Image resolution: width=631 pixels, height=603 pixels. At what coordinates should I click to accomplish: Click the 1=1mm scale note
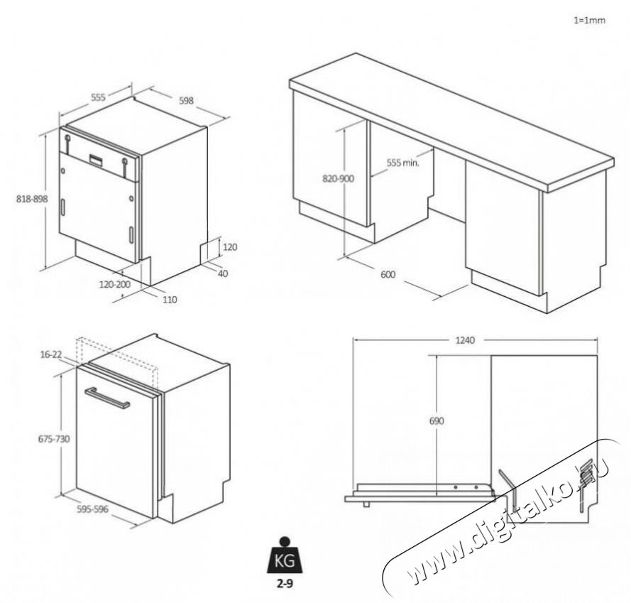(589, 20)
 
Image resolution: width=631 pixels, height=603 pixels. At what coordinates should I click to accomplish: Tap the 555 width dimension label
(98, 97)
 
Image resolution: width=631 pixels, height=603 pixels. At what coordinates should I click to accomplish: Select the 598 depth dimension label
(186, 100)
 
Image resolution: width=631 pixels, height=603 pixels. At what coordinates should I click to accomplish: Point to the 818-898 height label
(32, 199)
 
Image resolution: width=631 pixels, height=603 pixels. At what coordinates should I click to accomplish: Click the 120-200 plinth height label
(115, 284)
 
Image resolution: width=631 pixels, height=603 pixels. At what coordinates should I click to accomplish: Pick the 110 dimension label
(170, 300)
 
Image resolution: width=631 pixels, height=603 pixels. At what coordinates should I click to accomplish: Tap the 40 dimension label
(223, 273)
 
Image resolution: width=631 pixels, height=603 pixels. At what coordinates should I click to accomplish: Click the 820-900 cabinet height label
(339, 178)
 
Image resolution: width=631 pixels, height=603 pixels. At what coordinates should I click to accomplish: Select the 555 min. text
(403, 163)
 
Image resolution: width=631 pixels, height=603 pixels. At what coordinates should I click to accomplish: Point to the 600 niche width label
(388, 275)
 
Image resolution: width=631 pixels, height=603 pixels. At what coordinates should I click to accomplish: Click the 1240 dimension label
(465, 340)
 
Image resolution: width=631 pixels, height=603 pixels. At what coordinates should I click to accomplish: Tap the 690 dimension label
(437, 421)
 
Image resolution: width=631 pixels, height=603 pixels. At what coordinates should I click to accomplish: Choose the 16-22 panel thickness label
(51, 354)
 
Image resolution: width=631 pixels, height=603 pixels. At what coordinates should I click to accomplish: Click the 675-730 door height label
(54, 439)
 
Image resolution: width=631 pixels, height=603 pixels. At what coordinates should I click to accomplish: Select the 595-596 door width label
(92, 509)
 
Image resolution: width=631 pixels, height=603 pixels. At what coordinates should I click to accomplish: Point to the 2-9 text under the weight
(285, 584)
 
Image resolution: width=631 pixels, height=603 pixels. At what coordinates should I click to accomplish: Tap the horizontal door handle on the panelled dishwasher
(106, 398)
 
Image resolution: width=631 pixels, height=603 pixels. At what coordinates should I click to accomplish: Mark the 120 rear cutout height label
(230, 247)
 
